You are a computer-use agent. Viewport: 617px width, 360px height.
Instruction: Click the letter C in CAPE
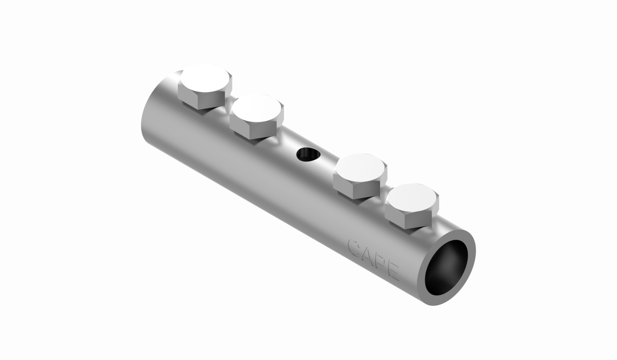(x=355, y=247)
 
